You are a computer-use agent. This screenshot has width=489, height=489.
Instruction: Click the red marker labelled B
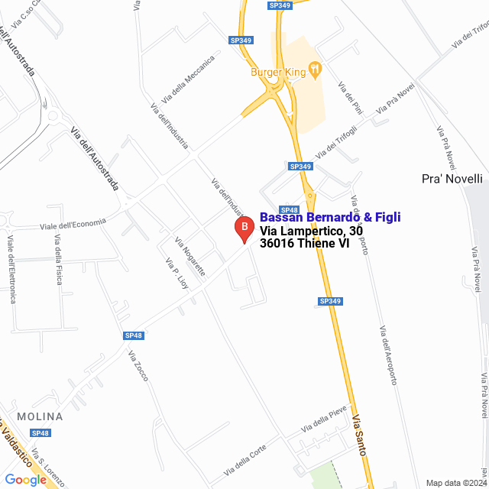pyautogui.click(x=244, y=228)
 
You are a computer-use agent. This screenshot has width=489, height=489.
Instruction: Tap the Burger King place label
pyautogui.click(x=277, y=73)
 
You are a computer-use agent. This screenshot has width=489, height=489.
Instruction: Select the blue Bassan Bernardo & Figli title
pyautogui.click(x=330, y=217)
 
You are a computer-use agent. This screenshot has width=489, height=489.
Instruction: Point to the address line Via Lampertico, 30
pyautogui.click(x=311, y=231)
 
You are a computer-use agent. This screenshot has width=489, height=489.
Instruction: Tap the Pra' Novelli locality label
pyautogui.click(x=452, y=179)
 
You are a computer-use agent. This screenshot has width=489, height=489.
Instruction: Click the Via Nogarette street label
pyautogui.click(x=190, y=257)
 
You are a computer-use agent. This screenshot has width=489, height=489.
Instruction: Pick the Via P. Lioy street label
pyautogui.click(x=176, y=273)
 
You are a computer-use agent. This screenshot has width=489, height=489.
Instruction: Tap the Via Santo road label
pyautogui.click(x=360, y=435)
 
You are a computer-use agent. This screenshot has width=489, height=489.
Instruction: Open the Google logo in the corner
pyautogui.click(x=25, y=479)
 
